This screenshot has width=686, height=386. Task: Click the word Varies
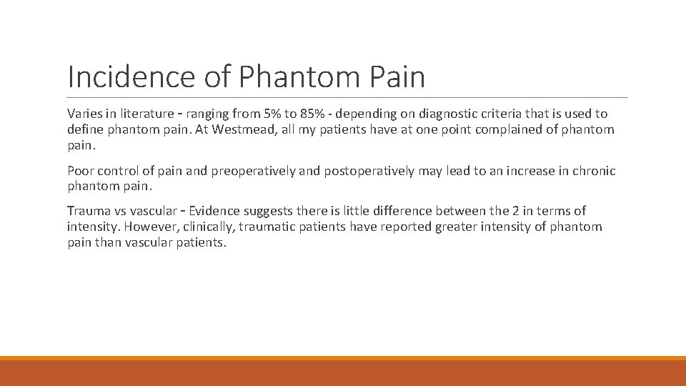click(x=84, y=114)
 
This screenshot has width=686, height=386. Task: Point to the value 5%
click(x=272, y=114)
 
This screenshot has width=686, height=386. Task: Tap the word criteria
click(x=499, y=114)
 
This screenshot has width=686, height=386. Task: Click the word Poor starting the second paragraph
click(x=80, y=171)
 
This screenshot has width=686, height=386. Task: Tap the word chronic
click(x=592, y=171)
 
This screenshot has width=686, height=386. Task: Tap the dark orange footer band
click(x=343, y=373)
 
